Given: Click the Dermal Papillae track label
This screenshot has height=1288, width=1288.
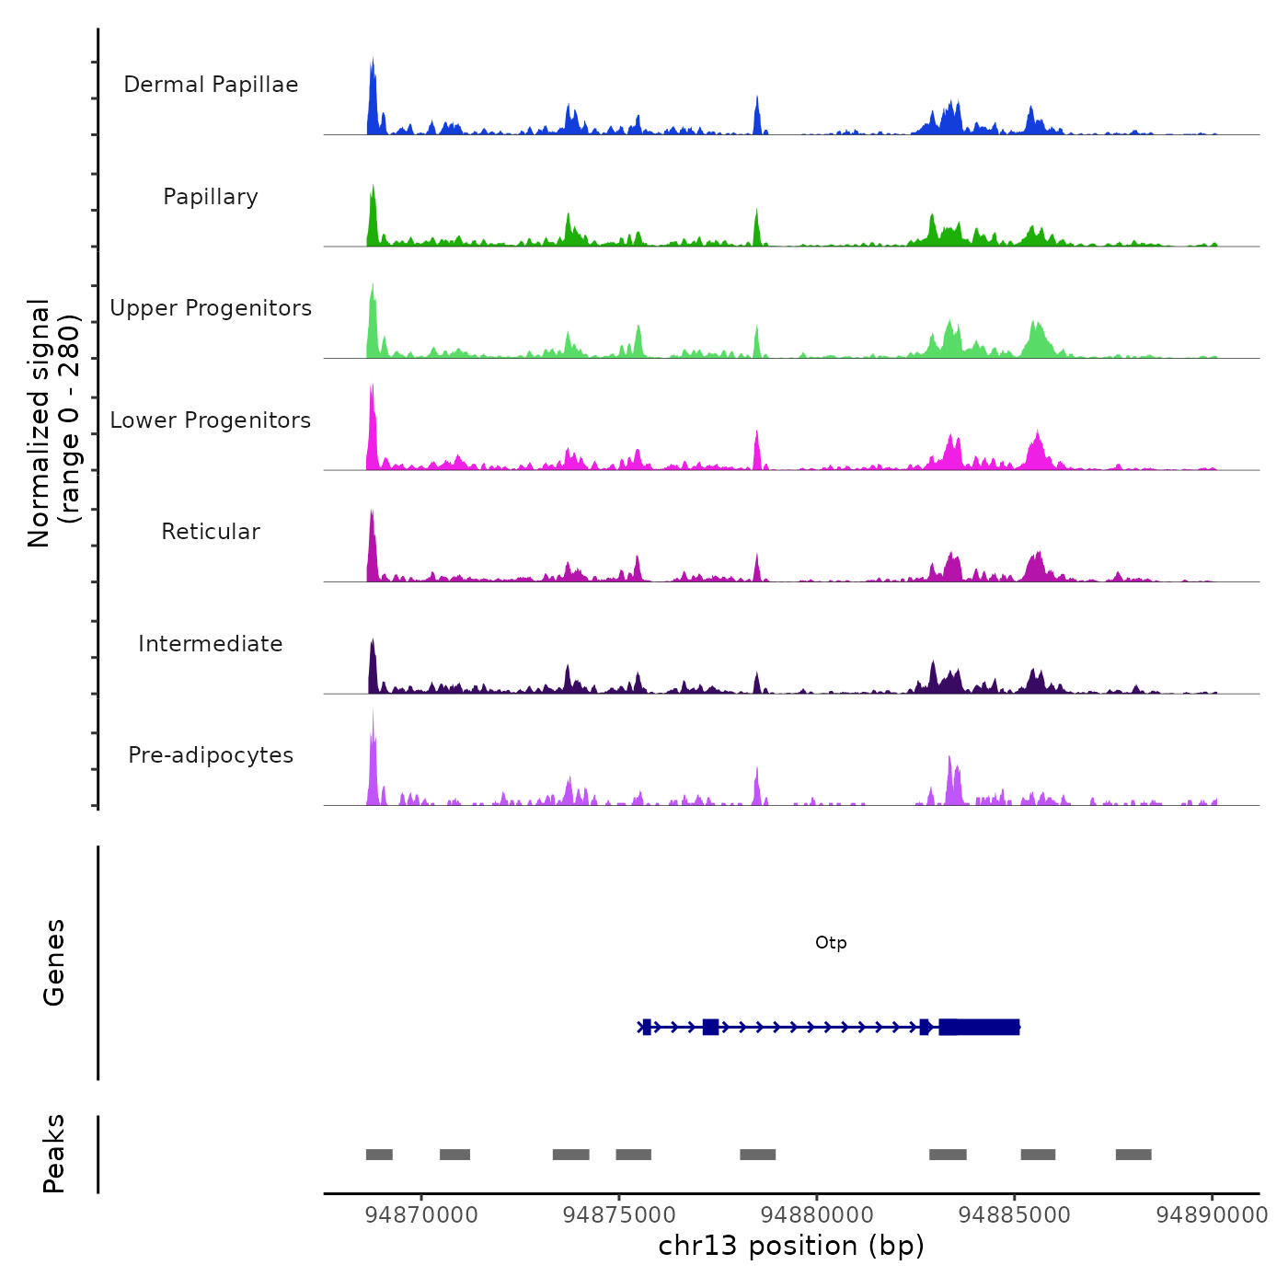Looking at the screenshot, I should (211, 85).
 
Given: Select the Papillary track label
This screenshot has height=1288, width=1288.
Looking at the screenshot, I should (211, 197).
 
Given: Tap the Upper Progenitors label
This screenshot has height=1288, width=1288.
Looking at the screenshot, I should (211, 308).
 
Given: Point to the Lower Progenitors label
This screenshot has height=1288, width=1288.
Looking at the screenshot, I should (211, 420).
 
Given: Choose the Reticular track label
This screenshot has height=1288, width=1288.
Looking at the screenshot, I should (211, 532).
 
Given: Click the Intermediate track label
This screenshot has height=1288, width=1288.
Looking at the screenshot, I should (211, 644).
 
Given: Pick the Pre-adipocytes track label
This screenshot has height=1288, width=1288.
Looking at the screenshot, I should (211, 755).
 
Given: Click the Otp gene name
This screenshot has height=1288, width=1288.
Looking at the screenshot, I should (831, 943).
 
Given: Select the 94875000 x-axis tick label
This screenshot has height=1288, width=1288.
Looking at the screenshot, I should (619, 1215).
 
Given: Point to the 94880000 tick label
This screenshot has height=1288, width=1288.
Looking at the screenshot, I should (817, 1215).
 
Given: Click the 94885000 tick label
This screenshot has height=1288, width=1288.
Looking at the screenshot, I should (1015, 1215).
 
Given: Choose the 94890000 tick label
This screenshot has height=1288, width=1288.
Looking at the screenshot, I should (1212, 1215).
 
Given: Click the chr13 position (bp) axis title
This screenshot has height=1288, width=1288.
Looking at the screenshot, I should (791, 1246).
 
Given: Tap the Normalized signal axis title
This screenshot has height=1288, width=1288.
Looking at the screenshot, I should (53, 422).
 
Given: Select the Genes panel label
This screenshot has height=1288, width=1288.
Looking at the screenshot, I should (54, 962).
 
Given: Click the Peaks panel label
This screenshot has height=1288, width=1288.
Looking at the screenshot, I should (54, 1154).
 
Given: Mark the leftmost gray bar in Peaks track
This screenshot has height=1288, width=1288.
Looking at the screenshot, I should (379, 1155).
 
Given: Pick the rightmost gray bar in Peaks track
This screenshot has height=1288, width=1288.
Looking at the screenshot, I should (1133, 1155).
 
